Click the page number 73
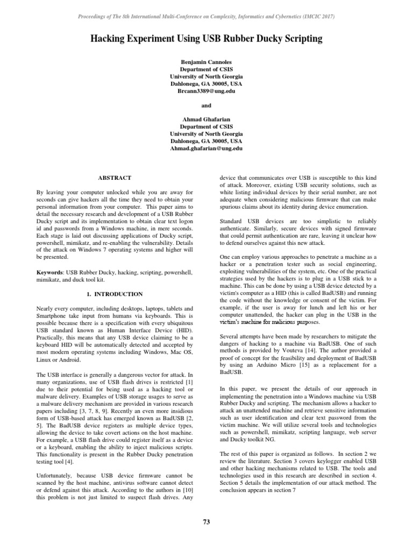[x=206, y=521]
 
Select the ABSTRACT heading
[x=115, y=177]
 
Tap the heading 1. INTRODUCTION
[x=115, y=294]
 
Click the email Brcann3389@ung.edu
[x=206, y=91]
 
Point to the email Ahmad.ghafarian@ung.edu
[x=206, y=147]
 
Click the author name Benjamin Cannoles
[x=206, y=63]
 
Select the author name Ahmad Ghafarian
[x=206, y=119]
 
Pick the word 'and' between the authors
[x=206, y=105]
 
